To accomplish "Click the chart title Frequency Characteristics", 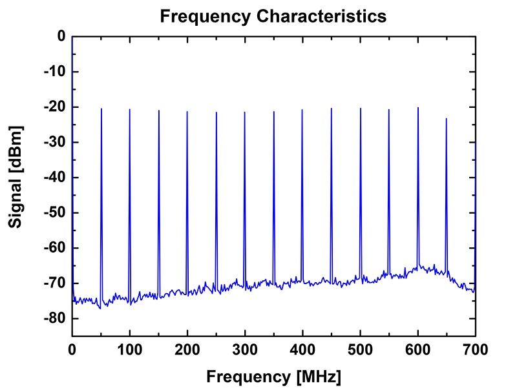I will (273, 17).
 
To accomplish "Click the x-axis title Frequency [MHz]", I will (273, 376).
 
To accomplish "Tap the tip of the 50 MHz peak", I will (101, 109).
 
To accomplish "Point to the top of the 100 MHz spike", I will (129, 110).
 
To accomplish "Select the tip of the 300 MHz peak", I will (245, 112).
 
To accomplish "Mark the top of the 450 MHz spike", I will (332, 108).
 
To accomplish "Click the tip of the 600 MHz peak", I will (418, 108).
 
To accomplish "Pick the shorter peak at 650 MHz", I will (446, 118).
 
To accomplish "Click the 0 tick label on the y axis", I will (61, 36).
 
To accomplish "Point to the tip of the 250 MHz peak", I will (216, 113).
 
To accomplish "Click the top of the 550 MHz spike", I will (389, 110).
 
